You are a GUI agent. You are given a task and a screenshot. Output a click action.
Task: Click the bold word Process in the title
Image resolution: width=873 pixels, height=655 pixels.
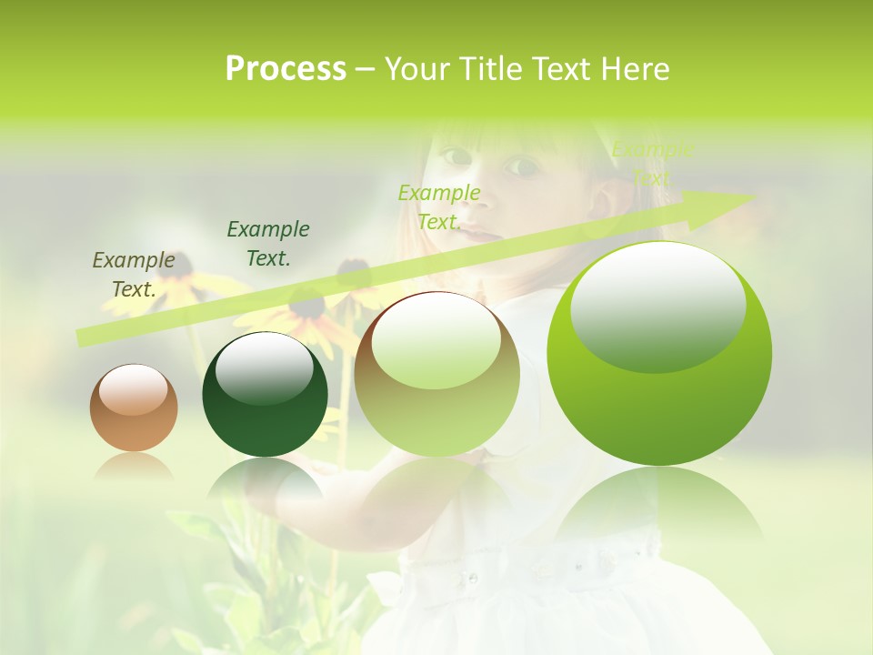[286, 69]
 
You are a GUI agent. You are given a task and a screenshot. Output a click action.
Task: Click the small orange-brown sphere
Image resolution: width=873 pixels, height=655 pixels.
[134, 408]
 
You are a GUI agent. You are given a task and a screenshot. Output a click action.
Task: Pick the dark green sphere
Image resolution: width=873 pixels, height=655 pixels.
[265, 395]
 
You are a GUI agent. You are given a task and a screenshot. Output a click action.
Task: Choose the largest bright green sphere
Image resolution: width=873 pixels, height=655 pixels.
[659, 354]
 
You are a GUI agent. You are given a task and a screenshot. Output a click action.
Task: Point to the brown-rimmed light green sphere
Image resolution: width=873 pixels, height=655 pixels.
[436, 375]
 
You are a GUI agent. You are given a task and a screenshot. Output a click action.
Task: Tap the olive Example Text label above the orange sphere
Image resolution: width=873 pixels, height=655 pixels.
[134, 274]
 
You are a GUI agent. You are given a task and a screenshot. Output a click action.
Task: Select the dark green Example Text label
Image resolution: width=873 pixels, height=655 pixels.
[268, 244]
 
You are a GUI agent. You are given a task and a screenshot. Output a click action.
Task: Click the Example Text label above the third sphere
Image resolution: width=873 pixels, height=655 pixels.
[439, 207]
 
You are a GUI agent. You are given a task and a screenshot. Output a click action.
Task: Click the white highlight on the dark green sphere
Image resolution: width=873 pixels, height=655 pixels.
[265, 368]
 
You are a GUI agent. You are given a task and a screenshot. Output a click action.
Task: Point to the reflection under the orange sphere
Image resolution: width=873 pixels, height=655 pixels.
[134, 468]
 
